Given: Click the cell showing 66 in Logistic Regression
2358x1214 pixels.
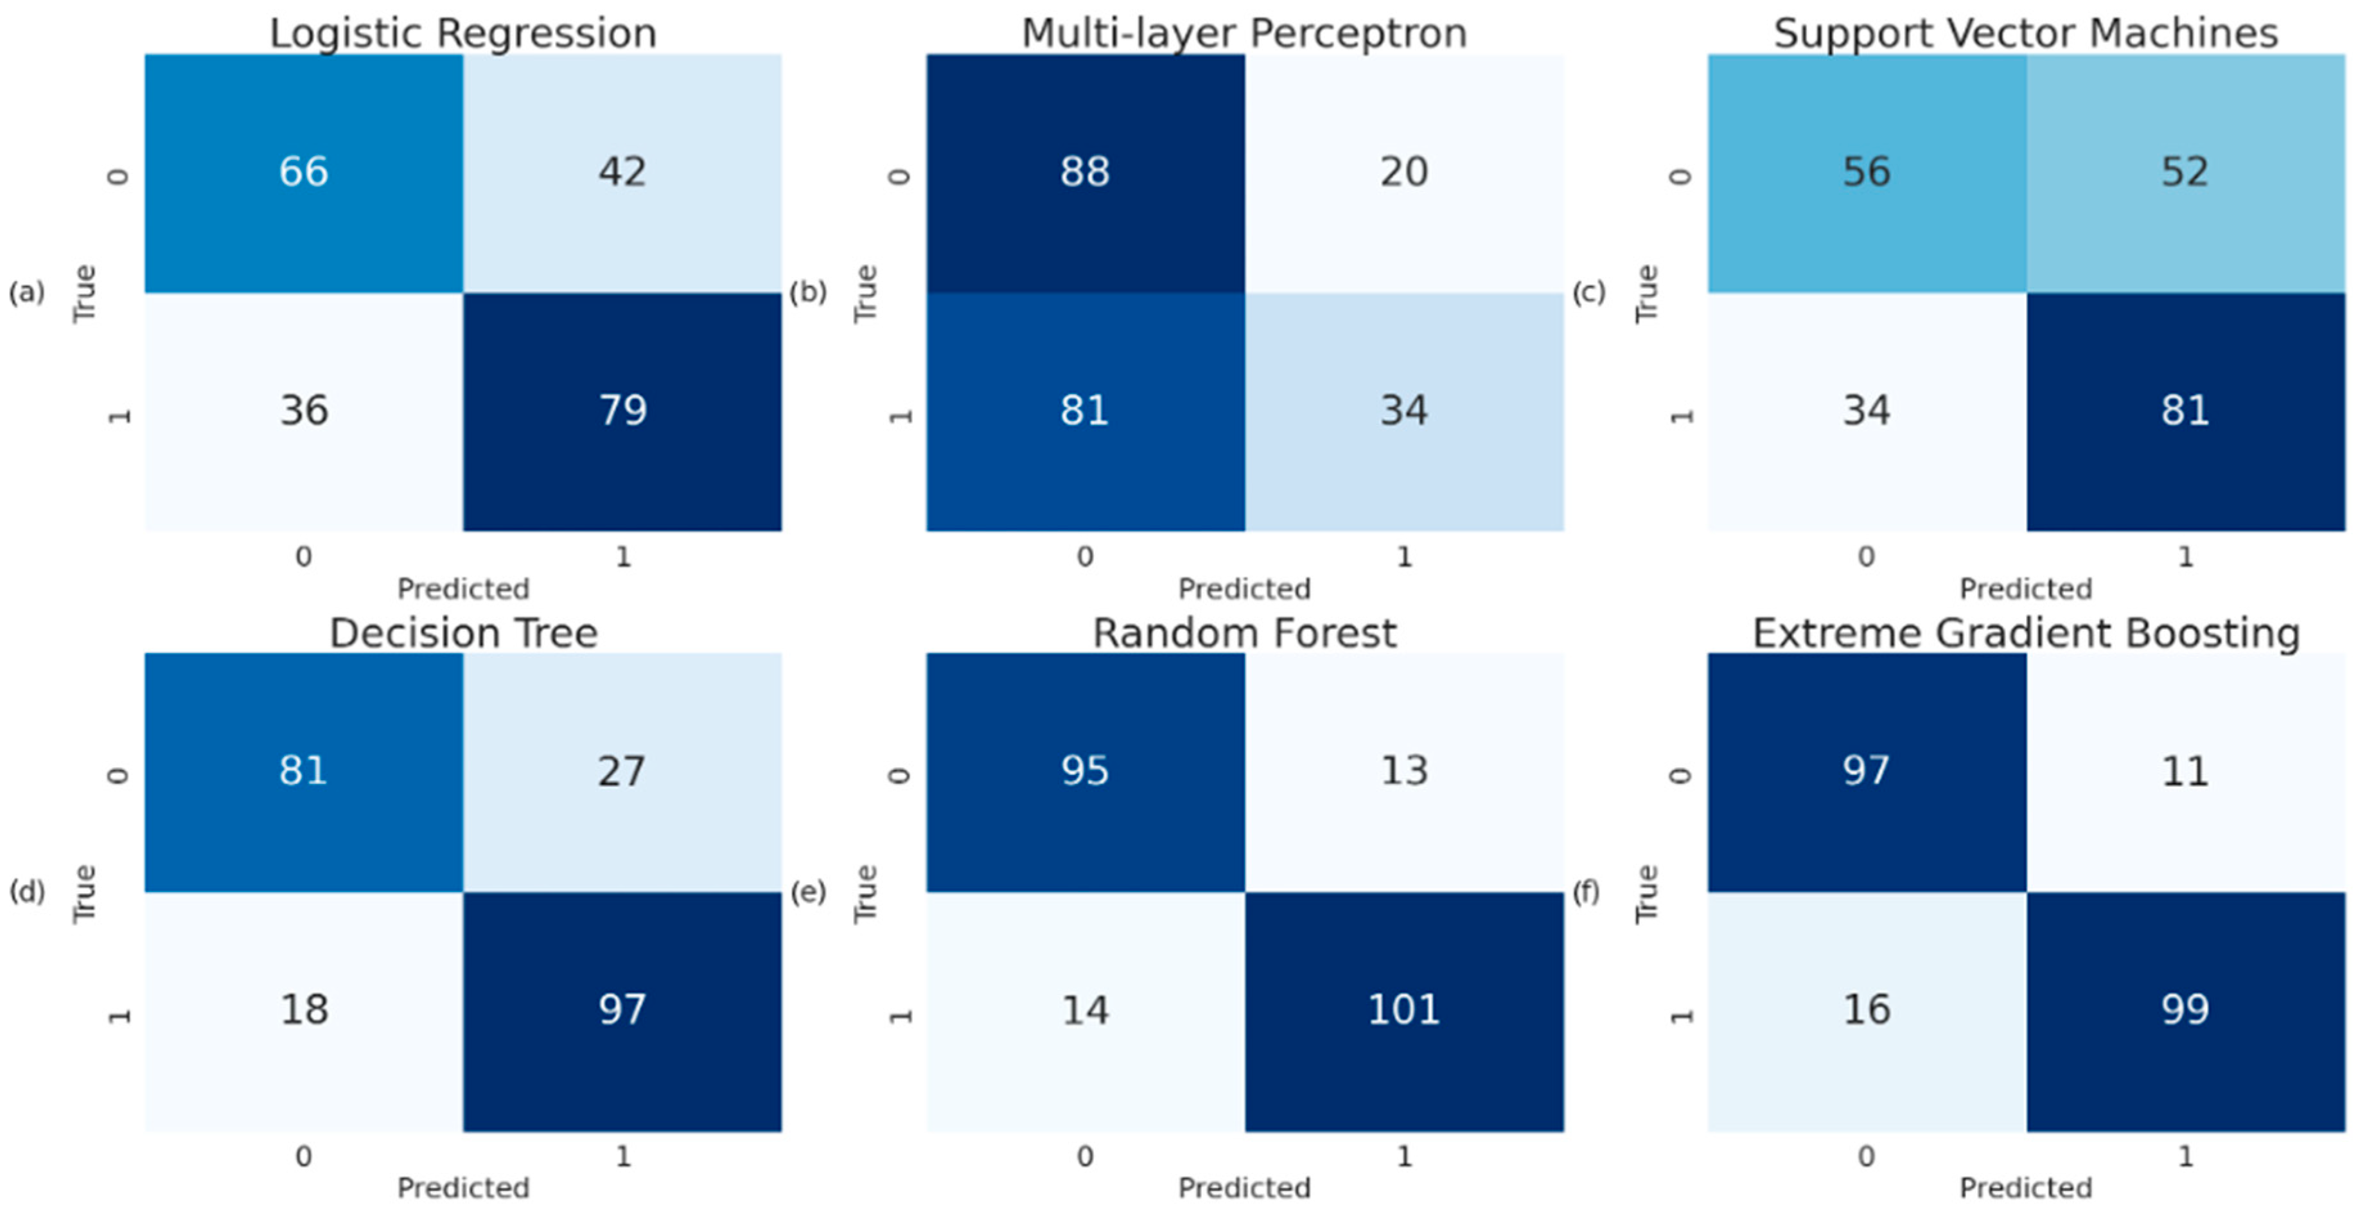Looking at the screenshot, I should tap(303, 172).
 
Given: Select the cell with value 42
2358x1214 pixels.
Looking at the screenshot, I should tap(622, 172).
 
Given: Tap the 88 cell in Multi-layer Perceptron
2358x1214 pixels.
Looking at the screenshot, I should tap(1085, 172).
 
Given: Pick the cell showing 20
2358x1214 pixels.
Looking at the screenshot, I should tap(1404, 172).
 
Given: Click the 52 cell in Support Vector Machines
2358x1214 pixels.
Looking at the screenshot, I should tap(2185, 172).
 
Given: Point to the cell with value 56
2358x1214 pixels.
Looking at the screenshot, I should tap(1867, 172).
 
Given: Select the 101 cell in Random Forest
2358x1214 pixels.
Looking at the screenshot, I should tap(1404, 1010).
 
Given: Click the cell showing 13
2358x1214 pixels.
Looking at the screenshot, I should tap(1404, 771).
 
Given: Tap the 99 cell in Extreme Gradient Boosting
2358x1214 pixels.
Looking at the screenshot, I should tap(2185, 1010).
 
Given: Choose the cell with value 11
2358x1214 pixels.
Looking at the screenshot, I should tap(2185, 771).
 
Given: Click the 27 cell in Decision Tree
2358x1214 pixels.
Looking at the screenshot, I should tap(622, 771).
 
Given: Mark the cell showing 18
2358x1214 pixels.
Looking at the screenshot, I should tap(303, 1010).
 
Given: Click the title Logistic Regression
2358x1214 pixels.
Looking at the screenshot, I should tap(463, 34).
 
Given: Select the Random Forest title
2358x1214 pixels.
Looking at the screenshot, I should tap(1245, 634).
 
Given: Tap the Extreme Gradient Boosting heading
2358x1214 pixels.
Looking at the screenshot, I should tap(2026, 634).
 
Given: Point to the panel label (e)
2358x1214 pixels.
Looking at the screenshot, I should tap(808, 892).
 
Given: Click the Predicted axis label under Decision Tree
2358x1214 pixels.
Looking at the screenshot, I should tap(463, 1188).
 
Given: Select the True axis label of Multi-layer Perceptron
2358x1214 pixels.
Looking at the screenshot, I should tap(865, 293).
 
